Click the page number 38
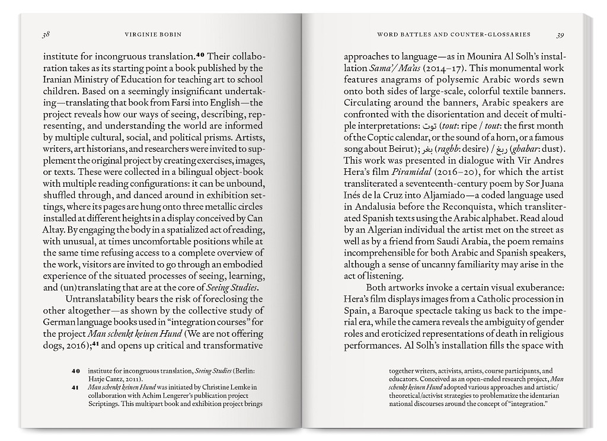coord(45,34)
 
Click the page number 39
coord(560,34)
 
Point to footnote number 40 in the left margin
coord(75,371)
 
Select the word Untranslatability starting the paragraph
coord(102,299)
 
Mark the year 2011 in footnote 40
coord(133,379)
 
